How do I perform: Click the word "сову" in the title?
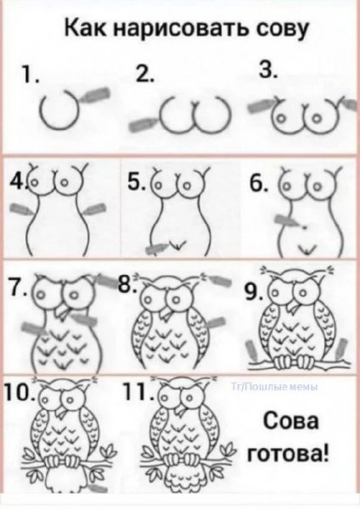coord(282,30)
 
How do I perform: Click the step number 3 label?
coord(268,70)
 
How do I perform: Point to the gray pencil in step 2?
coord(142,125)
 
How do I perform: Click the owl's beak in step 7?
coord(62,311)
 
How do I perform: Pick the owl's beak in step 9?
coord(295,307)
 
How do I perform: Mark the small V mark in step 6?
coord(306,249)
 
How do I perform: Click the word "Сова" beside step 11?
coord(290,422)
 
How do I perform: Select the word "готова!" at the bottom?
coord(288,454)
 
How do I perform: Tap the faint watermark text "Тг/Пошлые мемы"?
coord(274,386)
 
